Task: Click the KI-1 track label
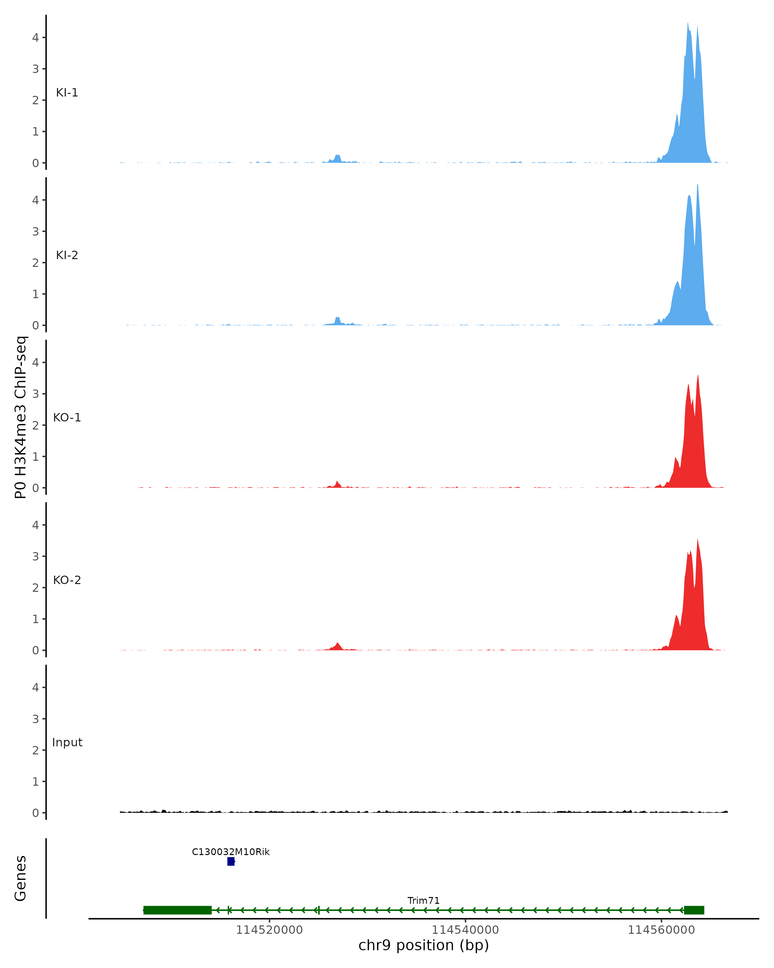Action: [67, 93]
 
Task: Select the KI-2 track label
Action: [67, 255]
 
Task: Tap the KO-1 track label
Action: [67, 418]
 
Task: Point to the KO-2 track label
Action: [67, 580]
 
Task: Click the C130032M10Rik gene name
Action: [231, 852]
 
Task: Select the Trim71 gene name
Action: [423, 901]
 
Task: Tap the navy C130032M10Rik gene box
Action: [231, 861]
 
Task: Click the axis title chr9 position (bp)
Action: [423, 945]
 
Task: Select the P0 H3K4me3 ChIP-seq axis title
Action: [21, 418]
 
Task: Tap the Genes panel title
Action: [21, 878]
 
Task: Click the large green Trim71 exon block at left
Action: [177, 910]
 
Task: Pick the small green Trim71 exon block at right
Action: [694, 910]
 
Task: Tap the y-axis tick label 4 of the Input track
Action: [35, 687]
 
